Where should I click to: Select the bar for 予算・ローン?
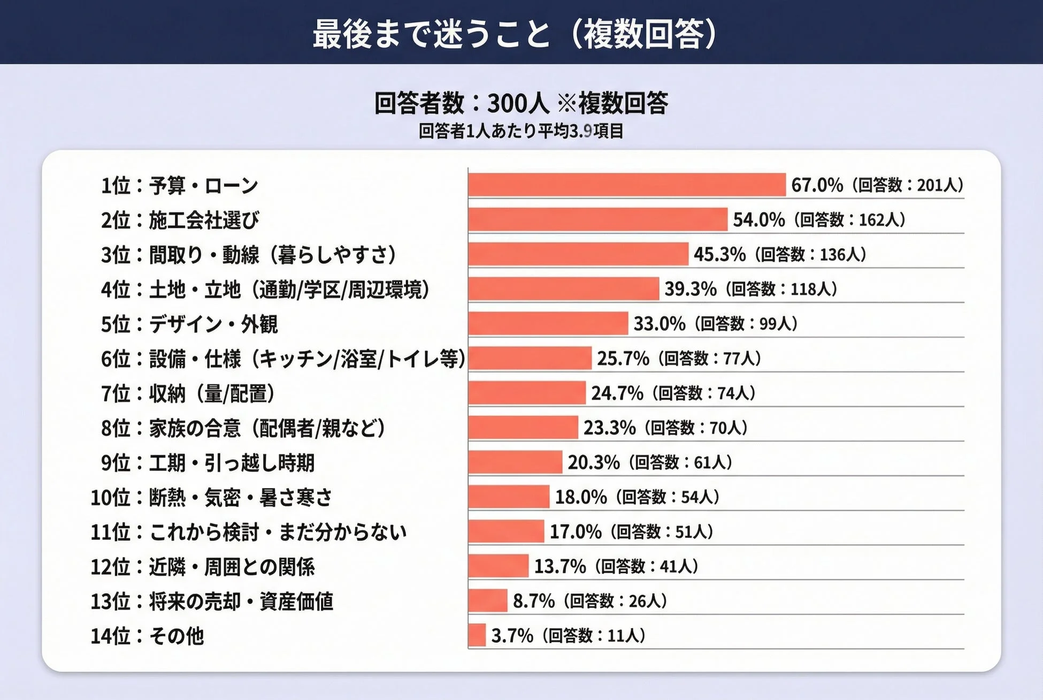click(x=627, y=185)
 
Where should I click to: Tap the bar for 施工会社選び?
click(x=597, y=219)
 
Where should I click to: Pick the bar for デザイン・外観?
click(x=548, y=323)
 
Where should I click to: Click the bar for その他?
click(x=477, y=635)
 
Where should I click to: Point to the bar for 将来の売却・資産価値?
click(x=487, y=600)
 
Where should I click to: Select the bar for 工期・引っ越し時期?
click(x=515, y=462)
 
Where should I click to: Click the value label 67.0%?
click(x=817, y=185)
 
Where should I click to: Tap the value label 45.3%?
click(x=719, y=254)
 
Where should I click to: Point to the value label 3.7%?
click(x=512, y=636)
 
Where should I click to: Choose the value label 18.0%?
click(x=580, y=497)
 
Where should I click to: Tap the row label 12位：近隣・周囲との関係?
click(x=203, y=567)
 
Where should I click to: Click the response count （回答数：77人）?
click(x=709, y=358)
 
